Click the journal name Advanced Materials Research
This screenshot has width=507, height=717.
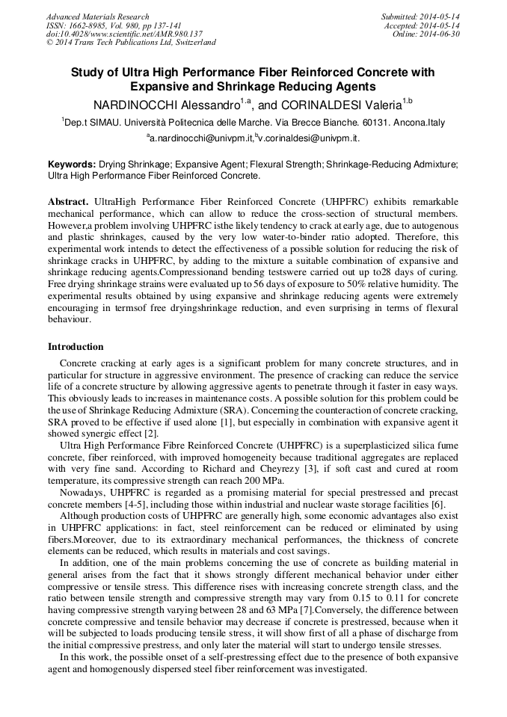click(x=97, y=16)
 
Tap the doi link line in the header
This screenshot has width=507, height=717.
click(x=124, y=34)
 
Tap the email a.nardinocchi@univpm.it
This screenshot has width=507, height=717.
click(x=200, y=138)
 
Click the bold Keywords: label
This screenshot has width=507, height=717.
click(x=72, y=164)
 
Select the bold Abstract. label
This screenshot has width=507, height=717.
click(x=68, y=203)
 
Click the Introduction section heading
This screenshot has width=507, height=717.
click(x=76, y=347)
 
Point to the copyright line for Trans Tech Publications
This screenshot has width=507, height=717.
click(x=131, y=43)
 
